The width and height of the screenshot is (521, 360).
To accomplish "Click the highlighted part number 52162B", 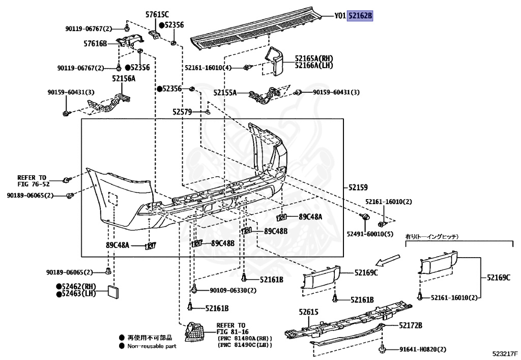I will (360, 16).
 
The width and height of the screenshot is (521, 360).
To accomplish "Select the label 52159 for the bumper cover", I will (358, 187).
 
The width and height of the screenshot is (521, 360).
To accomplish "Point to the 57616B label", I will (96, 44).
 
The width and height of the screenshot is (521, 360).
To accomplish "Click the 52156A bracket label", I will (124, 78).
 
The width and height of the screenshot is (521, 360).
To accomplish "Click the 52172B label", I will (411, 325).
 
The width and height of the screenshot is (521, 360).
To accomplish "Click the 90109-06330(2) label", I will (233, 290).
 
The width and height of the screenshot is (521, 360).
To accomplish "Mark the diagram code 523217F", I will (505, 353).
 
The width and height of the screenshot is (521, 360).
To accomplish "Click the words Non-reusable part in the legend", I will (152, 346).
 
